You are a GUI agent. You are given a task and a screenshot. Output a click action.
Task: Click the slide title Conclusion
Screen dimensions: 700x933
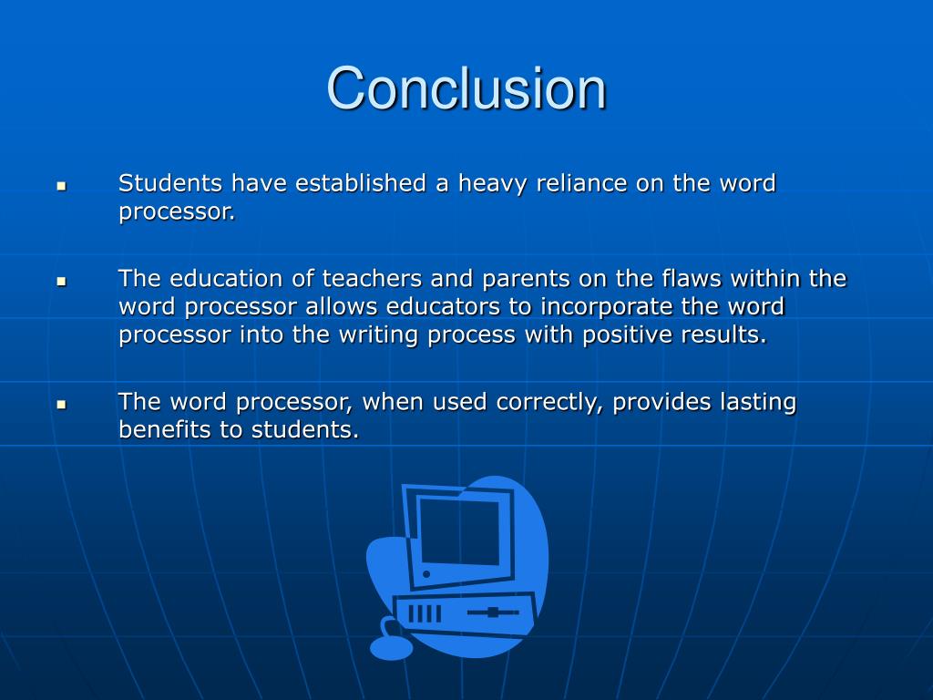(x=466, y=89)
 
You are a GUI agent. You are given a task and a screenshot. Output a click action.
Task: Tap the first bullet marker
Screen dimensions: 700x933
(x=62, y=185)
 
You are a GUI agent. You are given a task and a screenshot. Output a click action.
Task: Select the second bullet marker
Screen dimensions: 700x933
(x=62, y=282)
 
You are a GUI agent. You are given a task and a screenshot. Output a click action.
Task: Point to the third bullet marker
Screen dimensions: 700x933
(x=62, y=403)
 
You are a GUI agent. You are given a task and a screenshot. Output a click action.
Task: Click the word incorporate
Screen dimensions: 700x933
(x=620, y=307)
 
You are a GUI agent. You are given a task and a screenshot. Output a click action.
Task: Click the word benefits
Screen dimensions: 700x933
(x=165, y=429)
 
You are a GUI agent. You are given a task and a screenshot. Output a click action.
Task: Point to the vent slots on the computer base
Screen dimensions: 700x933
(x=424, y=612)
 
